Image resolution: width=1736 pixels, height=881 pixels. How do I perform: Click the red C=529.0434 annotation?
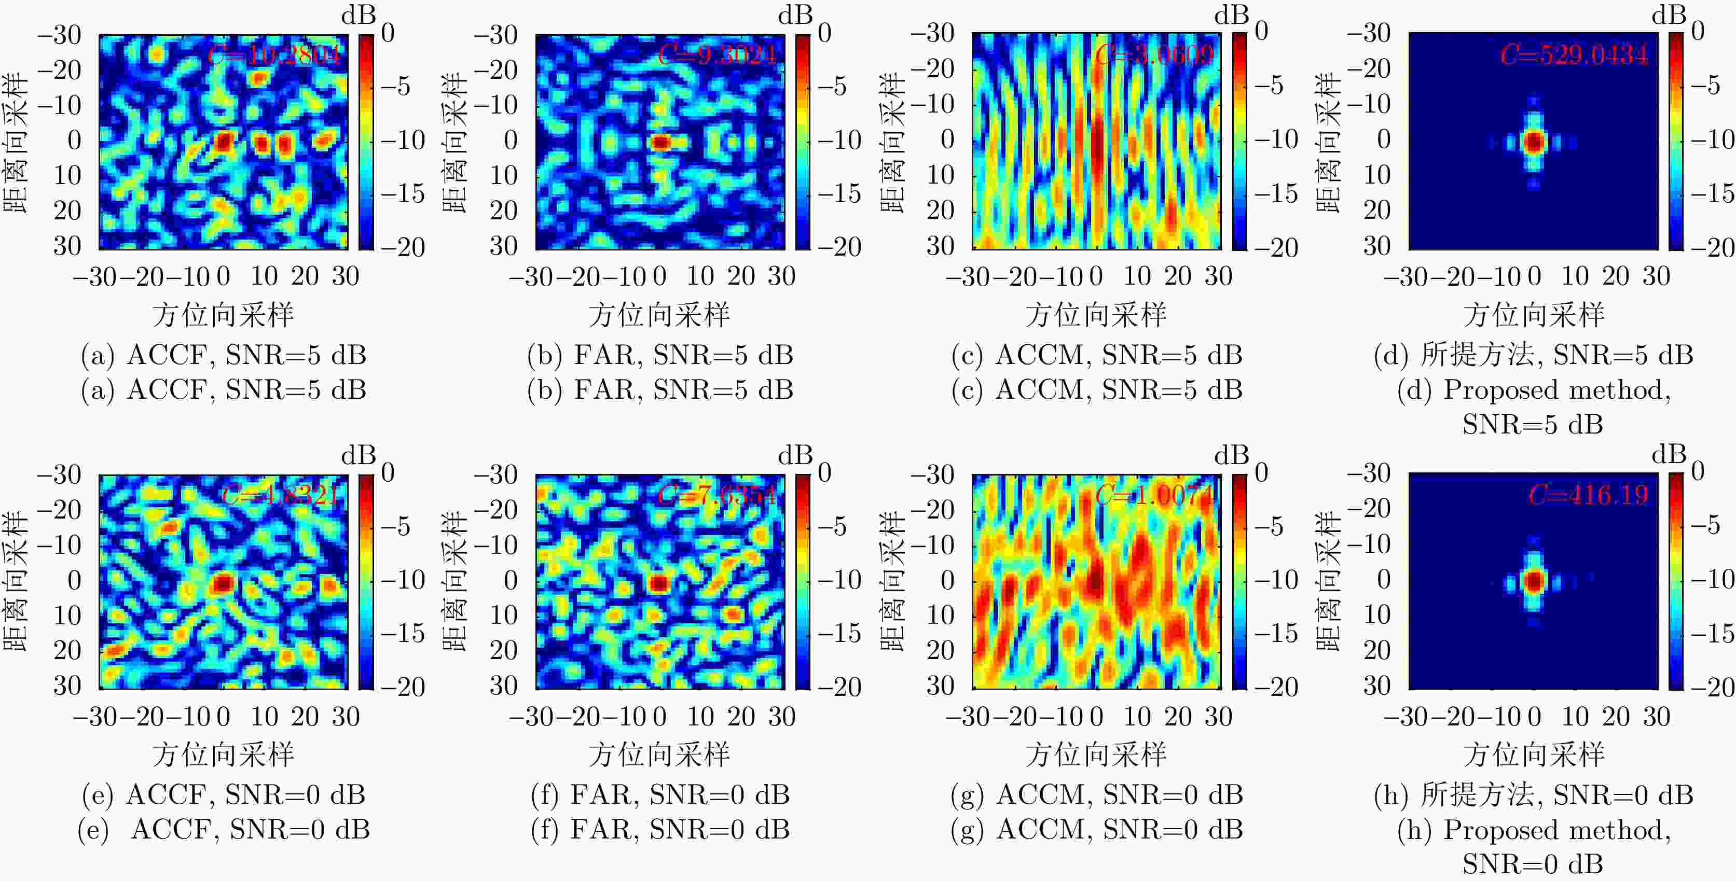coord(1574,54)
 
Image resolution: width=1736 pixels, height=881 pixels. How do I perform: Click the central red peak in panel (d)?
coord(1534,142)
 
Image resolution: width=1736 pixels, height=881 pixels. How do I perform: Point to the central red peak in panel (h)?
coord(1534,581)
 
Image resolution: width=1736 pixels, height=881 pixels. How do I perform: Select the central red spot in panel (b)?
coord(660,142)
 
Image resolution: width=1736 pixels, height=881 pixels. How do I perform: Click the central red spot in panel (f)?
coord(659,583)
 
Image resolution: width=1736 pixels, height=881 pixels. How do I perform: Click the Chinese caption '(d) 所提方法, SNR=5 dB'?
coord(1533,355)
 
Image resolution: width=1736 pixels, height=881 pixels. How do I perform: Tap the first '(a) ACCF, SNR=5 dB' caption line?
coord(224,355)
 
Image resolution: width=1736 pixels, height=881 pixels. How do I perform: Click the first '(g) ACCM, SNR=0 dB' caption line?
coord(1096,795)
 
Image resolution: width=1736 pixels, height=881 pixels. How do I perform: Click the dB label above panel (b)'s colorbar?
coord(795,15)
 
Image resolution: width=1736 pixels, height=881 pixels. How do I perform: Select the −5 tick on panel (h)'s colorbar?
coord(1712,525)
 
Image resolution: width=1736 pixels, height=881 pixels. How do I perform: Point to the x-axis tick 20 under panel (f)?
coord(741,716)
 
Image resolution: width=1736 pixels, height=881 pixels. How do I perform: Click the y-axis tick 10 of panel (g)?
coord(940,615)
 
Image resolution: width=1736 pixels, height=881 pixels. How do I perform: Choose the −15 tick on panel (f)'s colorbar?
coord(839,633)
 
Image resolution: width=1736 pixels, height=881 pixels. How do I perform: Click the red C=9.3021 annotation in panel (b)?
coord(717,54)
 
